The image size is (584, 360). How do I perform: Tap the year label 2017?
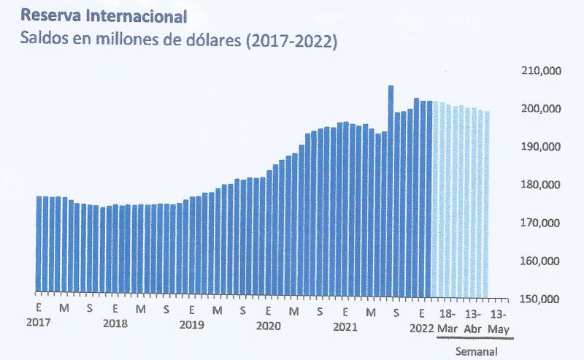pyautogui.click(x=38, y=323)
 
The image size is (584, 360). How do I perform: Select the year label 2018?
pyautogui.click(x=115, y=323)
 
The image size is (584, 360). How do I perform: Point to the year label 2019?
pyautogui.click(x=191, y=323)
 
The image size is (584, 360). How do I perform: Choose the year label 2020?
pyautogui.click(x=269, y=323)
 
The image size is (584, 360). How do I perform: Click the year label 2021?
pyautogui.click(x=345, y=323)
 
